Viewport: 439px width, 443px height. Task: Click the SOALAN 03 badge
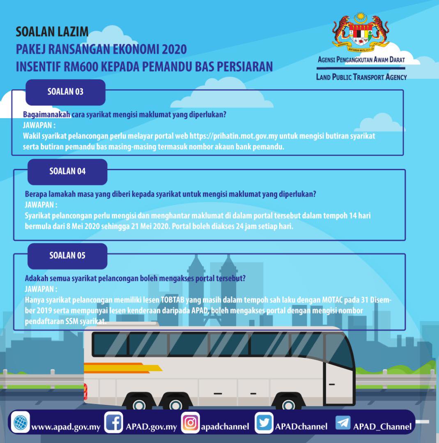pos(65,92)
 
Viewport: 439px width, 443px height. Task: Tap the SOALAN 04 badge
pos(67,172)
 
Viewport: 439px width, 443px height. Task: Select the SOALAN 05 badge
pos(67,256)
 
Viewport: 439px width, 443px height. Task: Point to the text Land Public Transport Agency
pos(361,77)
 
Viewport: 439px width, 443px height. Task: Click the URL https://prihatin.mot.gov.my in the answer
pos(234,136)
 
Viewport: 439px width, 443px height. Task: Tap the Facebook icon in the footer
pos(113,422)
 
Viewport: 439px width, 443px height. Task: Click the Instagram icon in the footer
pos(190,422)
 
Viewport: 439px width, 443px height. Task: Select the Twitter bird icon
pos(264,422)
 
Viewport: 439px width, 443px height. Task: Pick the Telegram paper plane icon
pos(343,422)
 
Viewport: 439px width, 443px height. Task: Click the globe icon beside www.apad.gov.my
pos(21,422)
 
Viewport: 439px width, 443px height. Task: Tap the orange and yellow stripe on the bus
pos(123,368)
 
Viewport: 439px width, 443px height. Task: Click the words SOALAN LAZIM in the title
pos(52,32)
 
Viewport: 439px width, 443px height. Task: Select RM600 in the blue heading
pos(80,67)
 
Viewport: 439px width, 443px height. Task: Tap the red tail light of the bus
pos(85,392)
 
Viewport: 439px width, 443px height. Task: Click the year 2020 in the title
pos(174,49)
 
